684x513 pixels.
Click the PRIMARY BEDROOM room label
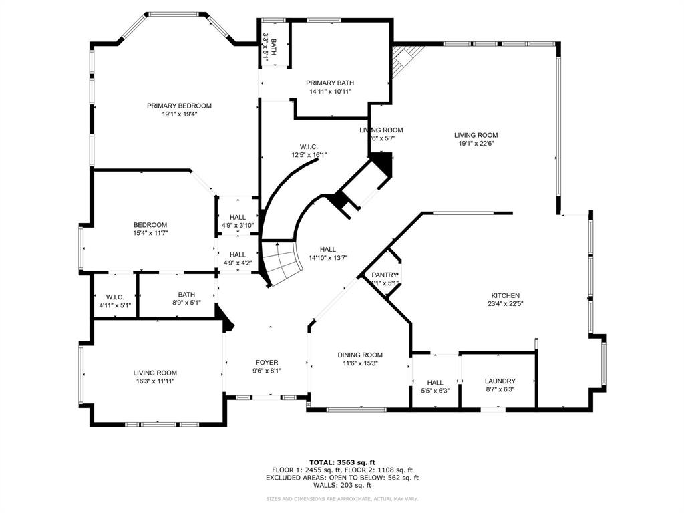[179, 106]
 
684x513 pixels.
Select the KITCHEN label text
[505, 295]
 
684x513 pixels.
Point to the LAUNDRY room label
[500, 381]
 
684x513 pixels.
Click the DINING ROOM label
[360, 355]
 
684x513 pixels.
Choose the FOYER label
[267, 363]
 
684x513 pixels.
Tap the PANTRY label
[385, 275]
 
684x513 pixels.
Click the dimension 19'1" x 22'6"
[478, 144]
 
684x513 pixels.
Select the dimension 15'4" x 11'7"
[150, 233]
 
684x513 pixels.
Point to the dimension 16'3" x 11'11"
[154, 381]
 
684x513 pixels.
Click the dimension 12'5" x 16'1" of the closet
[309, 155]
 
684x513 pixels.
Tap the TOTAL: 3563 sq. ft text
[342, 462]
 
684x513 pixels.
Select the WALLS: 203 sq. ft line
[342, 486]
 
